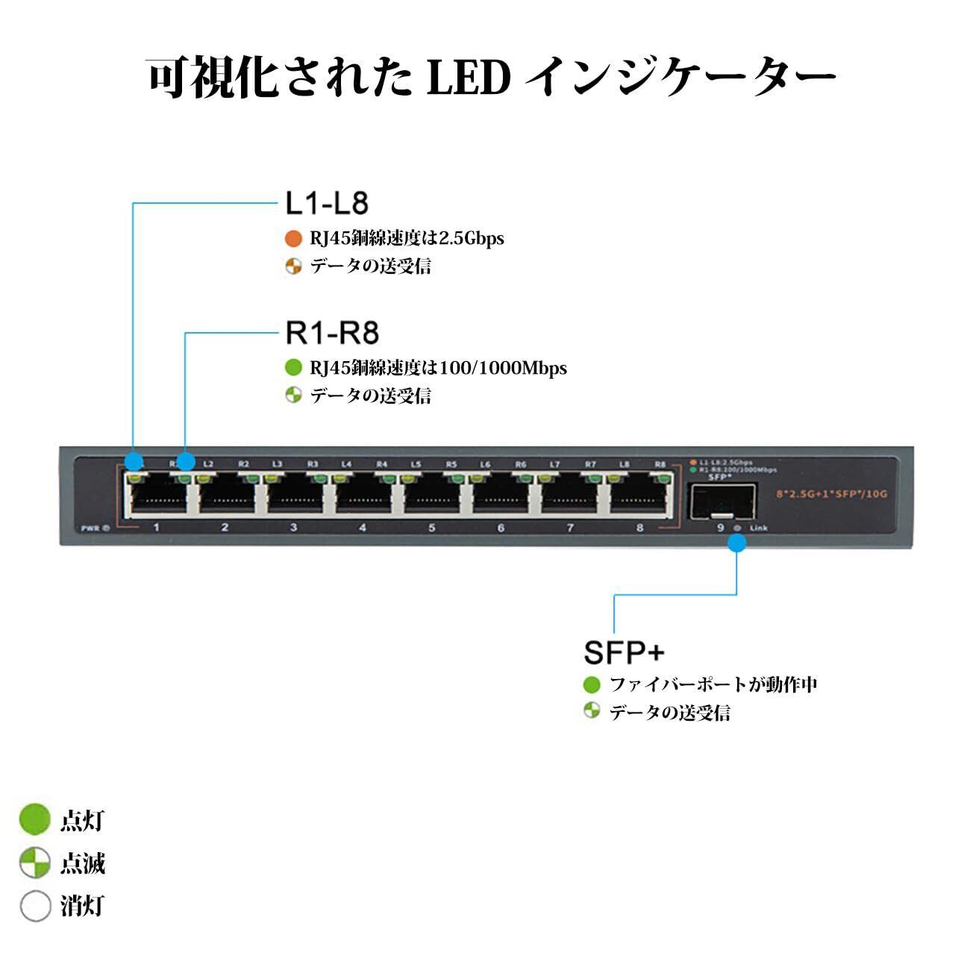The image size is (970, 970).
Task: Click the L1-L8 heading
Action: tap(327, 203)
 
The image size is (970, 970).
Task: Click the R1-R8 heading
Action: tap(332, 333)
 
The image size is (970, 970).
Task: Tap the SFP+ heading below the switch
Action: tap(623, 653)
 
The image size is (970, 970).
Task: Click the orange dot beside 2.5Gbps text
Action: tap(293, 239)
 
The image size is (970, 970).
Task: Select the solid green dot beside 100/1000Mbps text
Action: tap(293, 368)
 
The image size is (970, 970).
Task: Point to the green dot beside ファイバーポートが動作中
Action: tap(592, 684)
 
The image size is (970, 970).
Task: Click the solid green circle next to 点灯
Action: tap(34, 820)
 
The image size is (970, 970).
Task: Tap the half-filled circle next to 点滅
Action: tap(34, 863)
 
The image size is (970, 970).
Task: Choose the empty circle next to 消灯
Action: tap(34, 907)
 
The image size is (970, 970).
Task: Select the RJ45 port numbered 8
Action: tap(638, 494)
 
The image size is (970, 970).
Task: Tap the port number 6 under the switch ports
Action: tap(500, 528)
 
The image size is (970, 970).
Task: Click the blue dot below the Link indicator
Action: tap(736, 542)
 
